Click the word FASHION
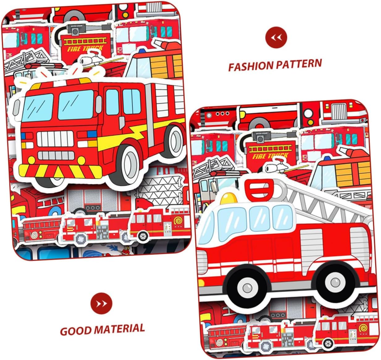coord(250,66)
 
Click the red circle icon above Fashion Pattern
coord(276,37)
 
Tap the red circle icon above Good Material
coord(101,304)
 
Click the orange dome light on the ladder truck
coord(229,197)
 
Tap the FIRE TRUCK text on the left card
coord(85,48)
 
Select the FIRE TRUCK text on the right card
coord(270,155)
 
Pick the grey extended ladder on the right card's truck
coord(324,197)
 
